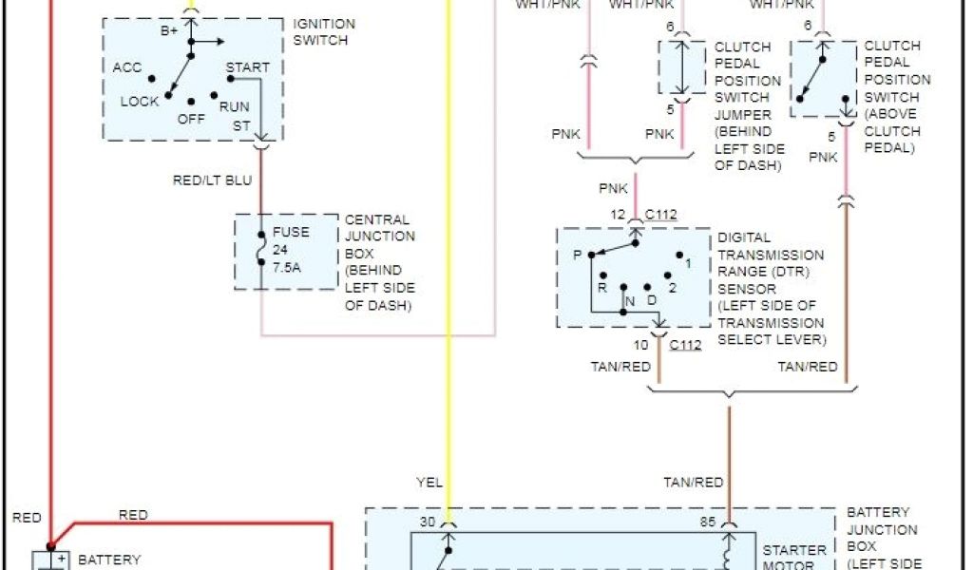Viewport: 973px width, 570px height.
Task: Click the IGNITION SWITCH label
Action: [324, 32]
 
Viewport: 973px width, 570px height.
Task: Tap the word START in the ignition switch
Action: [247, 68]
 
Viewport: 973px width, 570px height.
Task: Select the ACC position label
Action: [127, 68]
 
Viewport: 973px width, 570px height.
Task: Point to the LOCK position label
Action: [140, 102]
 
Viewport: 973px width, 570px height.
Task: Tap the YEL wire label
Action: [429, 483]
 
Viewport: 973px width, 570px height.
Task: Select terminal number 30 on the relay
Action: [427, 521]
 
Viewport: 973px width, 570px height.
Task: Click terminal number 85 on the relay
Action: [708, 521]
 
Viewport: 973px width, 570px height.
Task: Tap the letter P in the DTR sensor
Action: [576, 255]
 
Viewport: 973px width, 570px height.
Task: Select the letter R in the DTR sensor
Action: [601, 286]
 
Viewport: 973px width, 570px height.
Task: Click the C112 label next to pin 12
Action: [660, 215]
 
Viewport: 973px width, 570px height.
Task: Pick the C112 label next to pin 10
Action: [685, 345]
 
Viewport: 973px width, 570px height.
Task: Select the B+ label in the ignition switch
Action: [169, 31]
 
